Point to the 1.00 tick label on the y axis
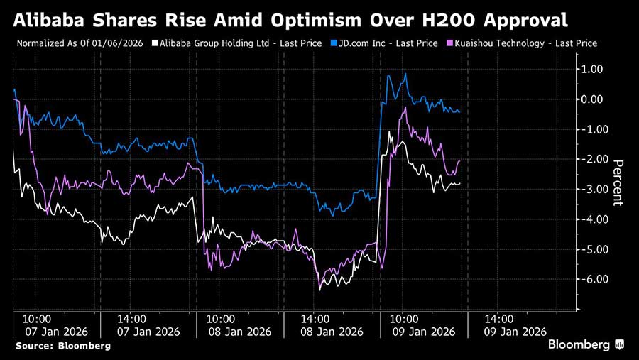595,69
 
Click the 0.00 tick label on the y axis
595,99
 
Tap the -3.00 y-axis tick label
594,190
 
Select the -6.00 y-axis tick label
594,280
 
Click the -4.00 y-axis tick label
594,219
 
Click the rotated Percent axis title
618,182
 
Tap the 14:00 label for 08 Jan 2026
315,320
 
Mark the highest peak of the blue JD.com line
405,74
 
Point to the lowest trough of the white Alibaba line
319,290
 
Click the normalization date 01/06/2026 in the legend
118,43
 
